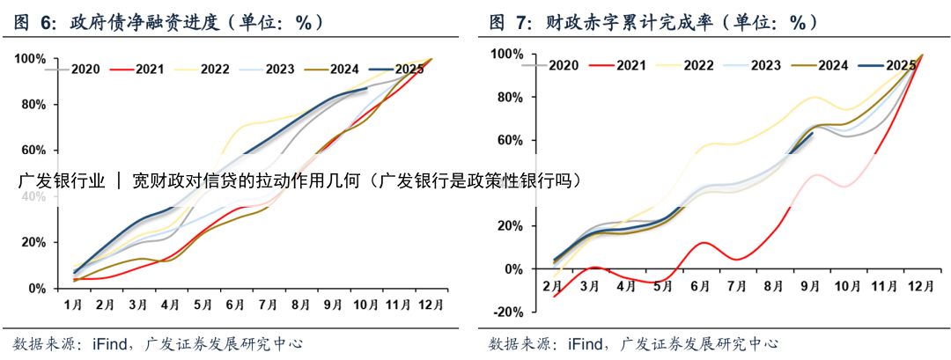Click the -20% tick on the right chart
[x=508, y=312]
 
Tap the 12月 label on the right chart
[x=921, y=287]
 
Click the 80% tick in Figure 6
[x=33, y=105]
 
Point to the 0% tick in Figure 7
[x=513, y=268]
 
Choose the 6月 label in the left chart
[x=235, y=304]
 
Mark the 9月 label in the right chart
[x=810, y=287]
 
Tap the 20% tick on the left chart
[x=33, y=242]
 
